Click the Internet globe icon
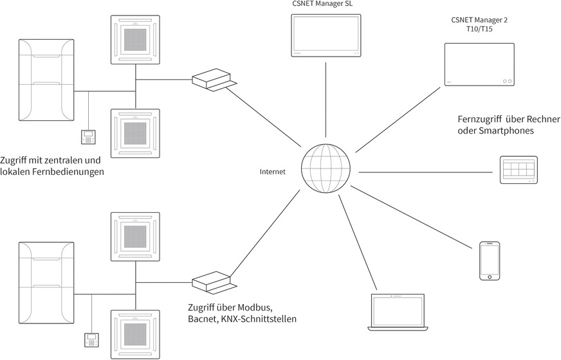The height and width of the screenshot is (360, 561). pos(326,166)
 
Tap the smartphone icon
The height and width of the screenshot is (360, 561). pos(490,260)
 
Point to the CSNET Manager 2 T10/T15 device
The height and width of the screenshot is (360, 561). pos(479,65)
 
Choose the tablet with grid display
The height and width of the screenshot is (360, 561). pos(519,170)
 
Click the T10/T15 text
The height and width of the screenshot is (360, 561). pos(479,30)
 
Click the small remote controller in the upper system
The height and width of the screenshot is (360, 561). pos(87,137)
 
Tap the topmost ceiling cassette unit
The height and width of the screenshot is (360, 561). pos(135,39)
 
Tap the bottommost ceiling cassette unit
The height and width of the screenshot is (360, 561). pos(135,334)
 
